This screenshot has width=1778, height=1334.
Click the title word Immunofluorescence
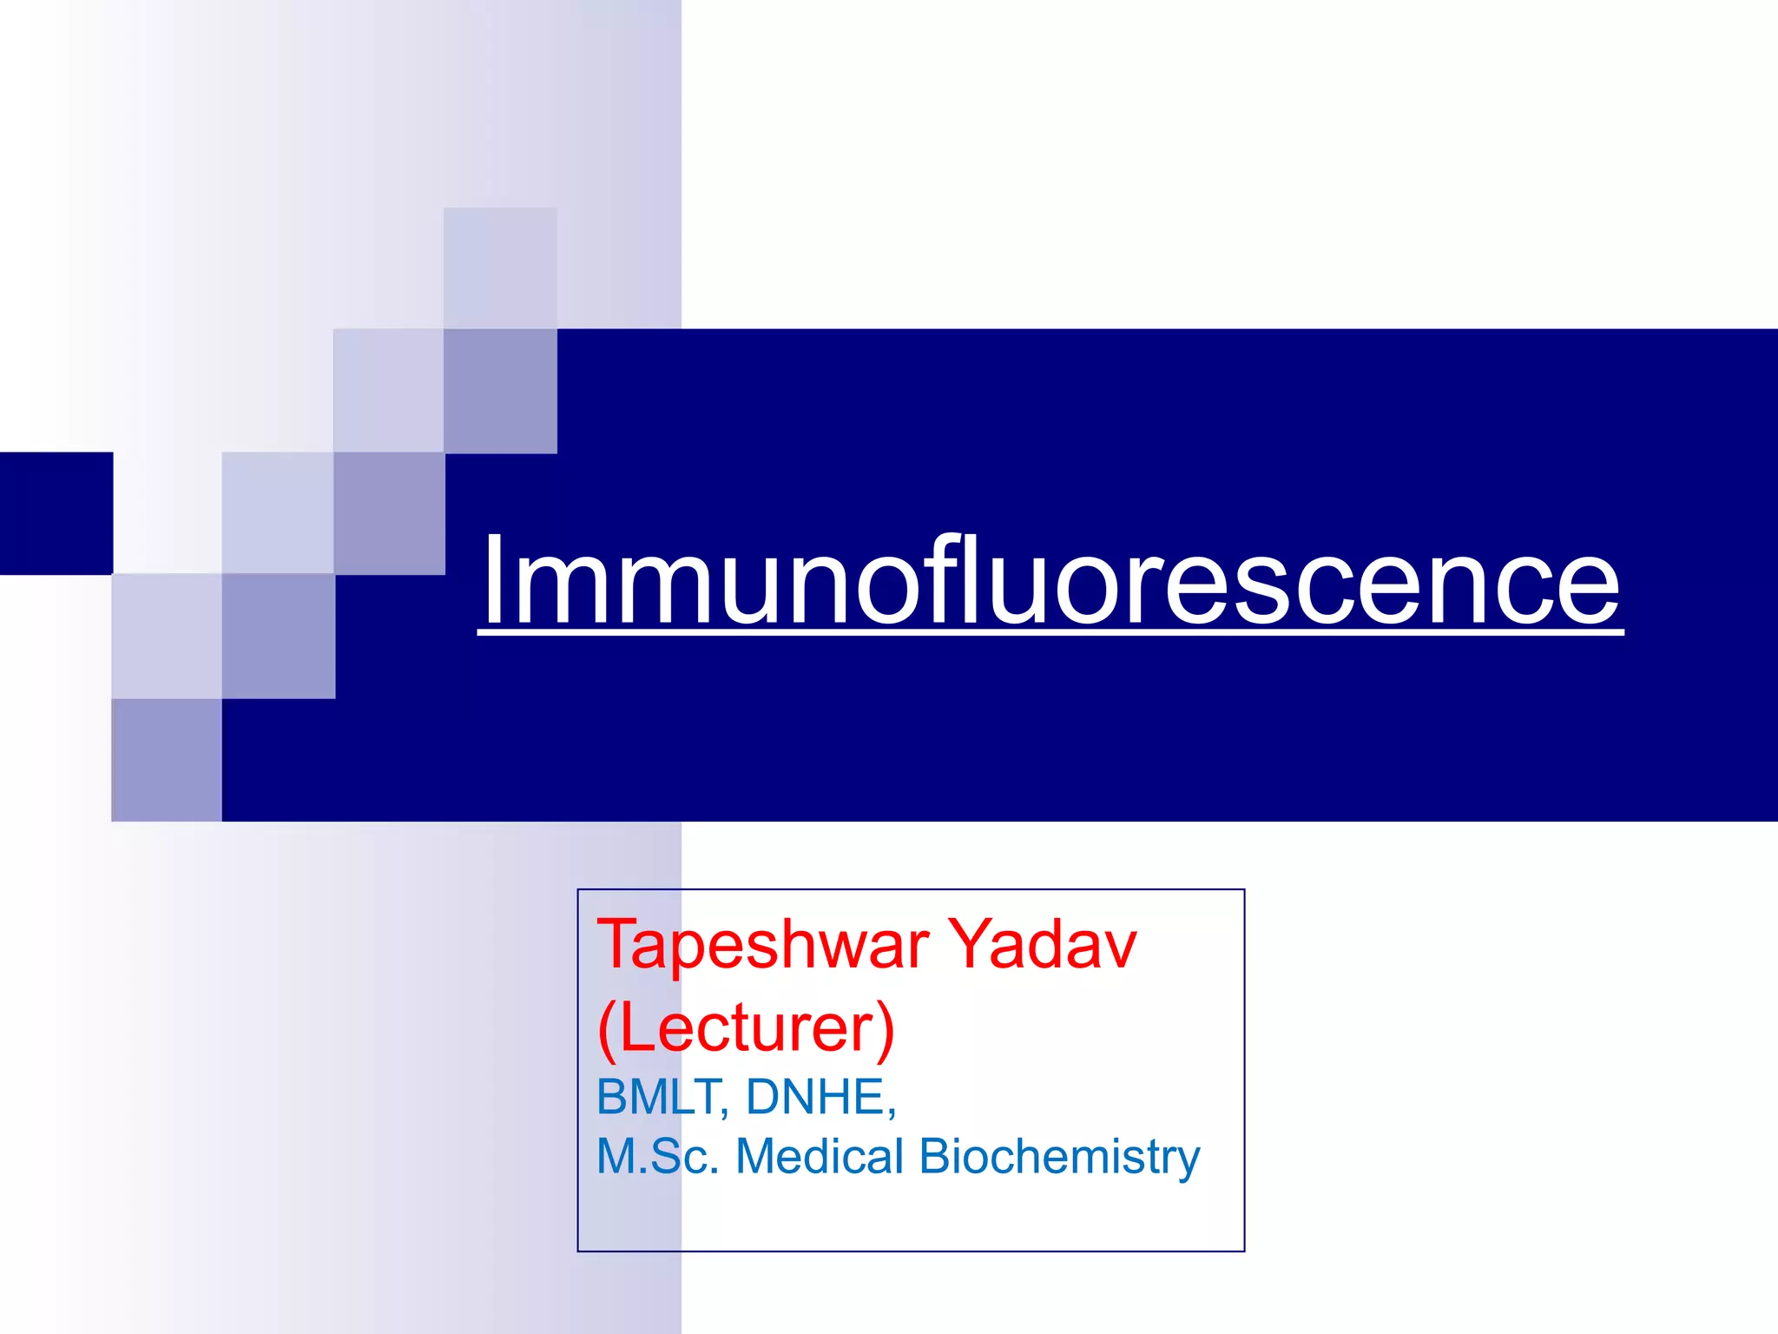click(1050, 580)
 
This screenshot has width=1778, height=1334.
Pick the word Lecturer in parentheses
click(747, 1028)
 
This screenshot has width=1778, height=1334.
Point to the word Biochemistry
click(1059, 1159)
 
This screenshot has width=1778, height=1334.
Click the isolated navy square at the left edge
click(56, 513)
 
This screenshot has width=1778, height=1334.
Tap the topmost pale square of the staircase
click(500, 267)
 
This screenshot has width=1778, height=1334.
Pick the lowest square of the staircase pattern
click(167, 760)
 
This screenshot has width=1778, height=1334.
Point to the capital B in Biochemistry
click(936, 1157)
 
